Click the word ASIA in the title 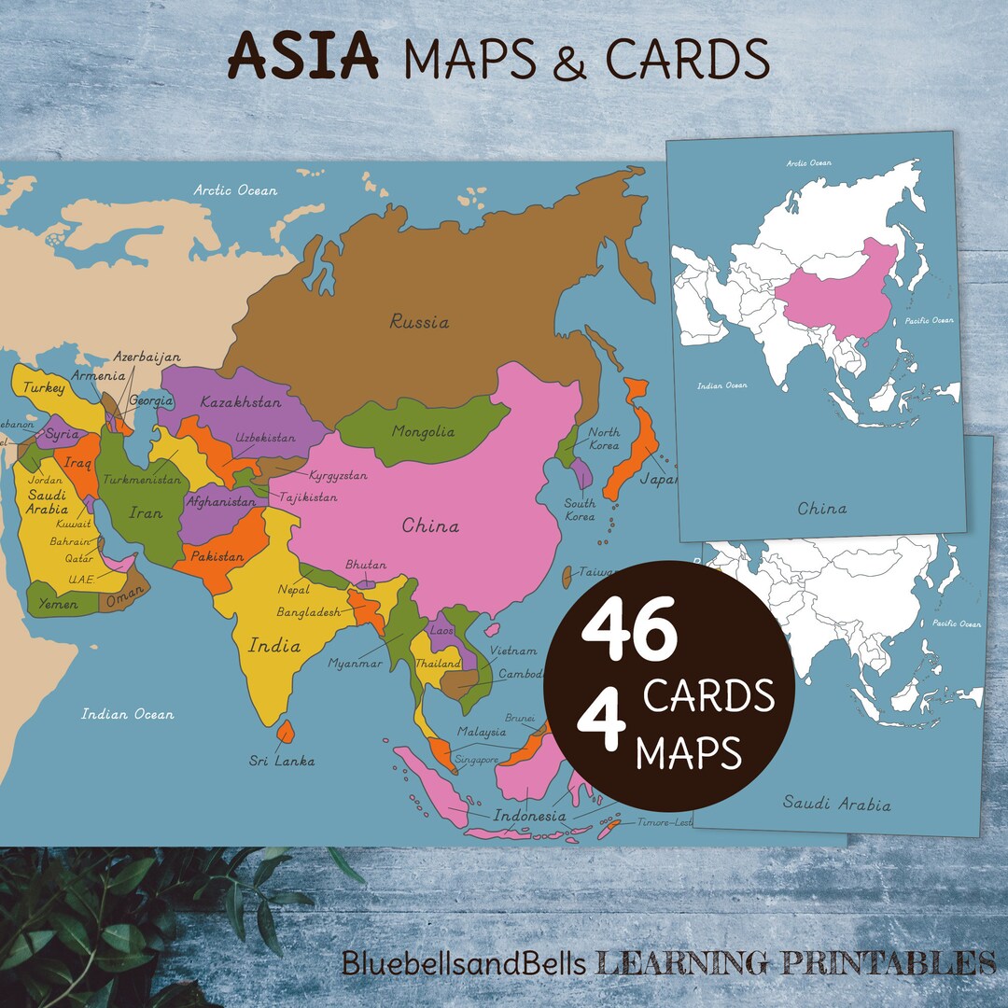[303, 57]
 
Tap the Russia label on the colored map [419, 322]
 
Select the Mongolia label [423, 431]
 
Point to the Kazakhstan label [240, 402]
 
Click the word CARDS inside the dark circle [708, 695]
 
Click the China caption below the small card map [821, 509]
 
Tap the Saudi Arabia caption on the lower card [836, 804]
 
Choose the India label [274, 645]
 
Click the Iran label [145, 512]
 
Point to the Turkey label [44, 387]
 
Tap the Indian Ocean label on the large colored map [127, 714]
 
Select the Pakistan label [217, 556]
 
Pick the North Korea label [603, 439]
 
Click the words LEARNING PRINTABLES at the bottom [795, 962]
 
